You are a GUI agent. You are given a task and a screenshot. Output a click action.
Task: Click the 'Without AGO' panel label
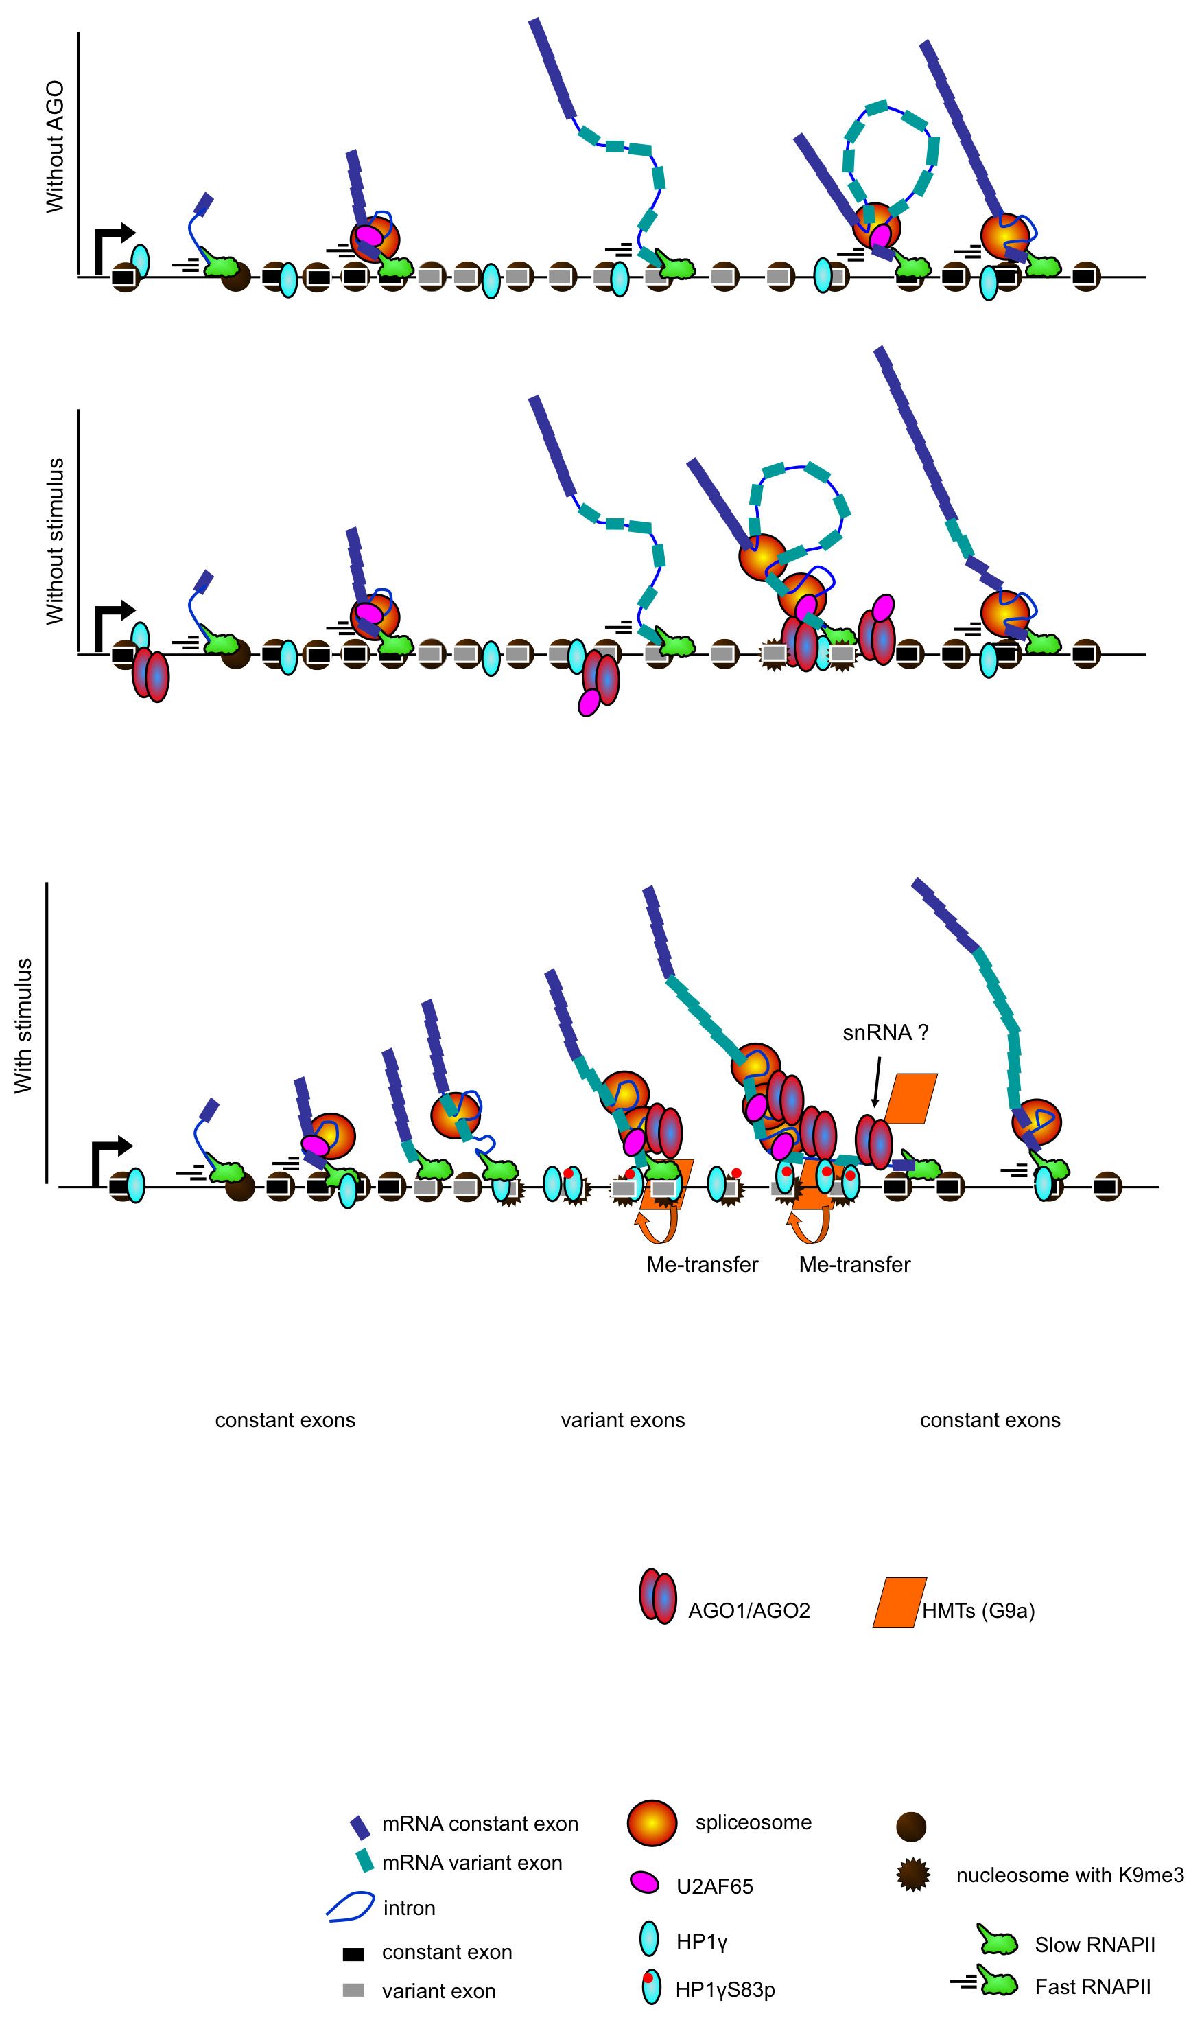54,147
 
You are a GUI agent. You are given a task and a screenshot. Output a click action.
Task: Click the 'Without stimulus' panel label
54,542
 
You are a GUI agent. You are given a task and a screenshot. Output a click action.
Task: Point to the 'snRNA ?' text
885,1032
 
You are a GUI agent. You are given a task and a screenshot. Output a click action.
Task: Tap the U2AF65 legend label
714,1886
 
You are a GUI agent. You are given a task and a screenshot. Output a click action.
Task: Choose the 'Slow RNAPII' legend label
1094,1945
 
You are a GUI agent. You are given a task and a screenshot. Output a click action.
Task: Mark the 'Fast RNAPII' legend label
1092,1987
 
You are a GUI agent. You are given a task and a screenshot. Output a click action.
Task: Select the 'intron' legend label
409,1908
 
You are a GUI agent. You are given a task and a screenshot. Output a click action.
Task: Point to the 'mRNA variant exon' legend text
471,1863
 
